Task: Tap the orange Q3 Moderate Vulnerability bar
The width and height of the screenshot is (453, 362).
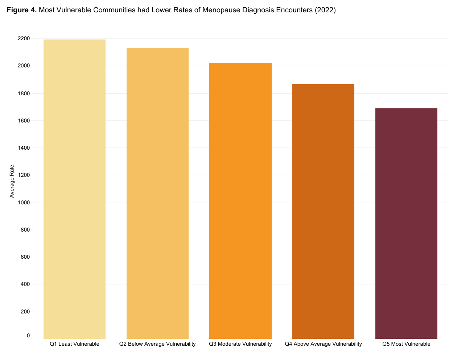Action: tap(240, 201)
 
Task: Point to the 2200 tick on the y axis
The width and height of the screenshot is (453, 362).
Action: tap(24, 38)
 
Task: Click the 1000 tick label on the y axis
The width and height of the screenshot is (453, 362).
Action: tap(24, 203)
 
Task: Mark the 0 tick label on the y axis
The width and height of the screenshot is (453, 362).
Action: tap(28, 336)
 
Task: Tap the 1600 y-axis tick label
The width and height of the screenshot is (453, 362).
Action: tap(24, 121)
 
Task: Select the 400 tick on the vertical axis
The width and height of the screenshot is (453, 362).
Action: tap(25, 284)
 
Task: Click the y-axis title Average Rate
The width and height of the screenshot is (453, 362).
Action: tap(12, 181)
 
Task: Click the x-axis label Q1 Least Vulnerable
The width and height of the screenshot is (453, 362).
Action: tap(74, 344)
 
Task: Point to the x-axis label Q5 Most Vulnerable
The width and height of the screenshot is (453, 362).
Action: tap(406, 344)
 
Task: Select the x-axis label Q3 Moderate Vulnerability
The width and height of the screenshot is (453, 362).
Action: tap(240, 344)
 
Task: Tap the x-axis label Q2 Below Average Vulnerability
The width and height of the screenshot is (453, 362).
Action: tap(157, 344)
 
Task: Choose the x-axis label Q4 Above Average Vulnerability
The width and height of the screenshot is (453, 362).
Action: tap(323, 344)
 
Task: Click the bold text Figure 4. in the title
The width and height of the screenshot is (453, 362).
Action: tap(22, 10)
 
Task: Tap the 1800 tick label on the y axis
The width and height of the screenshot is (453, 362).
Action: tap(24, 93)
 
